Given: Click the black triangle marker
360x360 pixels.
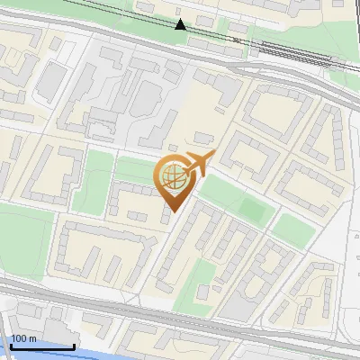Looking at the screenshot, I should click(x=180, y=24).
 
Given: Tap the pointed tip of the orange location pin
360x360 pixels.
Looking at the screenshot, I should click(x=169, y=212).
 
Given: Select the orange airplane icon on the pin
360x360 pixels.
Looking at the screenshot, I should click(x=197, y=165).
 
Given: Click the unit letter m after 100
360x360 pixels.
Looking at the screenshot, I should click(x=32, y=338).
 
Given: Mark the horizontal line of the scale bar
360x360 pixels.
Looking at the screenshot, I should click(x=41, y=346).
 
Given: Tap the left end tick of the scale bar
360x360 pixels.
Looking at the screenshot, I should click(x=10, y=343).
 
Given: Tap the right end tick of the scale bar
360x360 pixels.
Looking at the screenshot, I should click(x=74, y=343).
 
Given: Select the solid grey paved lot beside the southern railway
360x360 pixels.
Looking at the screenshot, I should click(x=236, y=310).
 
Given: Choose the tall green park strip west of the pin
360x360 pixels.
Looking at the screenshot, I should click(x=93, y=180).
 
